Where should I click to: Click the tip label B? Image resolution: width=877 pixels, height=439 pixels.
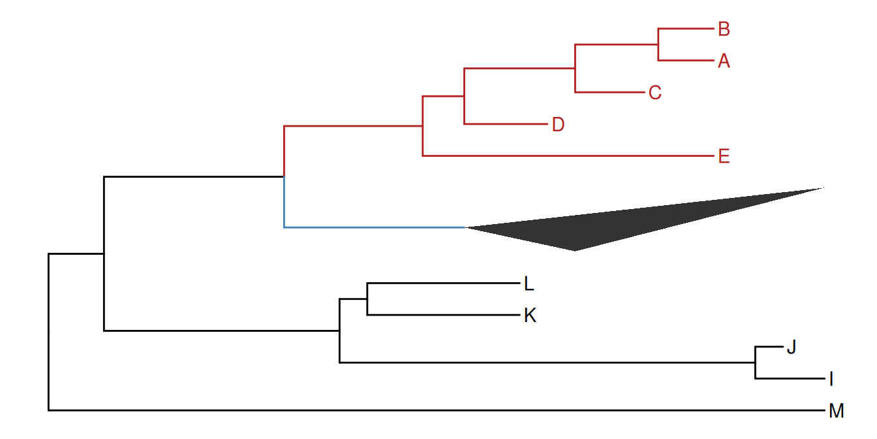(x=723, y=29)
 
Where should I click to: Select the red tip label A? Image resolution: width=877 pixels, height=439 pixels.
(x=723, y=61)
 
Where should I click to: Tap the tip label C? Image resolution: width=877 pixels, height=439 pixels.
(x=655, y=93)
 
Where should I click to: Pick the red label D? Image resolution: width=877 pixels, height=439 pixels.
(x=558, y=124)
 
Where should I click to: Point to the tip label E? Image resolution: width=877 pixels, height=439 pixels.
(x=723, y=157)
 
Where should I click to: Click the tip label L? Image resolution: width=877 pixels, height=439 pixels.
(x=529, y=284)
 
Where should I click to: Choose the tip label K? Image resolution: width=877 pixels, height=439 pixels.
(x=530, y=316)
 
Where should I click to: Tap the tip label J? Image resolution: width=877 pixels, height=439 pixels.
(x=792, y=347)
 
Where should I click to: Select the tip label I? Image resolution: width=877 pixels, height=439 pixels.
(x=831, y=379)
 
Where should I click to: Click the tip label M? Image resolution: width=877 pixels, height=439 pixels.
(x=836, y=411)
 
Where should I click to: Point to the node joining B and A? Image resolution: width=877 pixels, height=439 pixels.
(x=658, y=45)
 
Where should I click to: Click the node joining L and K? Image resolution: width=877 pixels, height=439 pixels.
(x=367, y=299)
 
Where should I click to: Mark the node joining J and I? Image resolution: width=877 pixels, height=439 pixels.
(x=755, y=363)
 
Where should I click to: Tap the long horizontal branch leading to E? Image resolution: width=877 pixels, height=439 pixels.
(x=568, y=156)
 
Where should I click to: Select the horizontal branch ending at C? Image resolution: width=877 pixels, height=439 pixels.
(x=609, y=92)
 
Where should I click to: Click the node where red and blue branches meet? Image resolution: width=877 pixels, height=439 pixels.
(x=284, y=176)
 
